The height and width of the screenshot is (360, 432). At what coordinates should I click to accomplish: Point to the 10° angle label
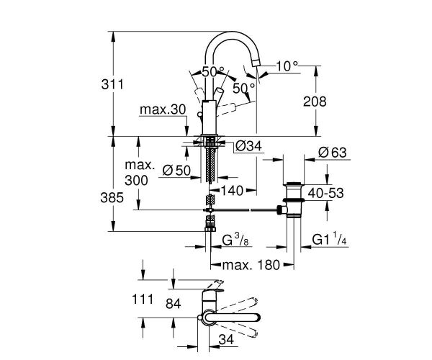(286, 66)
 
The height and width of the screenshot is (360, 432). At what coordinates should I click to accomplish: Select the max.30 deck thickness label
(163, 110)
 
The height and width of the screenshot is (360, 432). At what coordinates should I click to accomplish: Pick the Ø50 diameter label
(176, 171)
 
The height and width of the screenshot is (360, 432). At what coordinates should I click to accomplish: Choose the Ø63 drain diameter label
(333, 153)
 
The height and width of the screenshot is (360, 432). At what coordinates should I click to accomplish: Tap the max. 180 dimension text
(250, 264)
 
